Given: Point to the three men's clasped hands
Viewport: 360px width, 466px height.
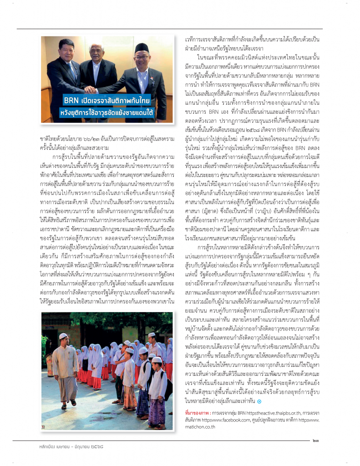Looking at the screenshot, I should coord(92,90).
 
